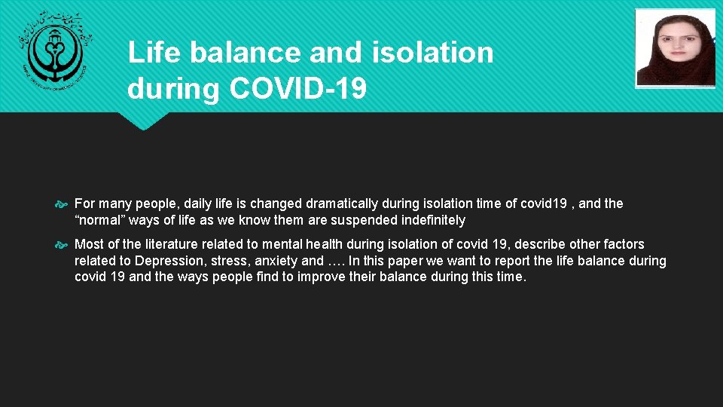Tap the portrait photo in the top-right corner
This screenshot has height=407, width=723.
click(675, 49)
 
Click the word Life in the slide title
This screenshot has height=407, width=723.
click(155, 53)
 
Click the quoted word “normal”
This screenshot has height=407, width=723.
click(102, 220)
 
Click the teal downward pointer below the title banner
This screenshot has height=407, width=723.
click(144, 121)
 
